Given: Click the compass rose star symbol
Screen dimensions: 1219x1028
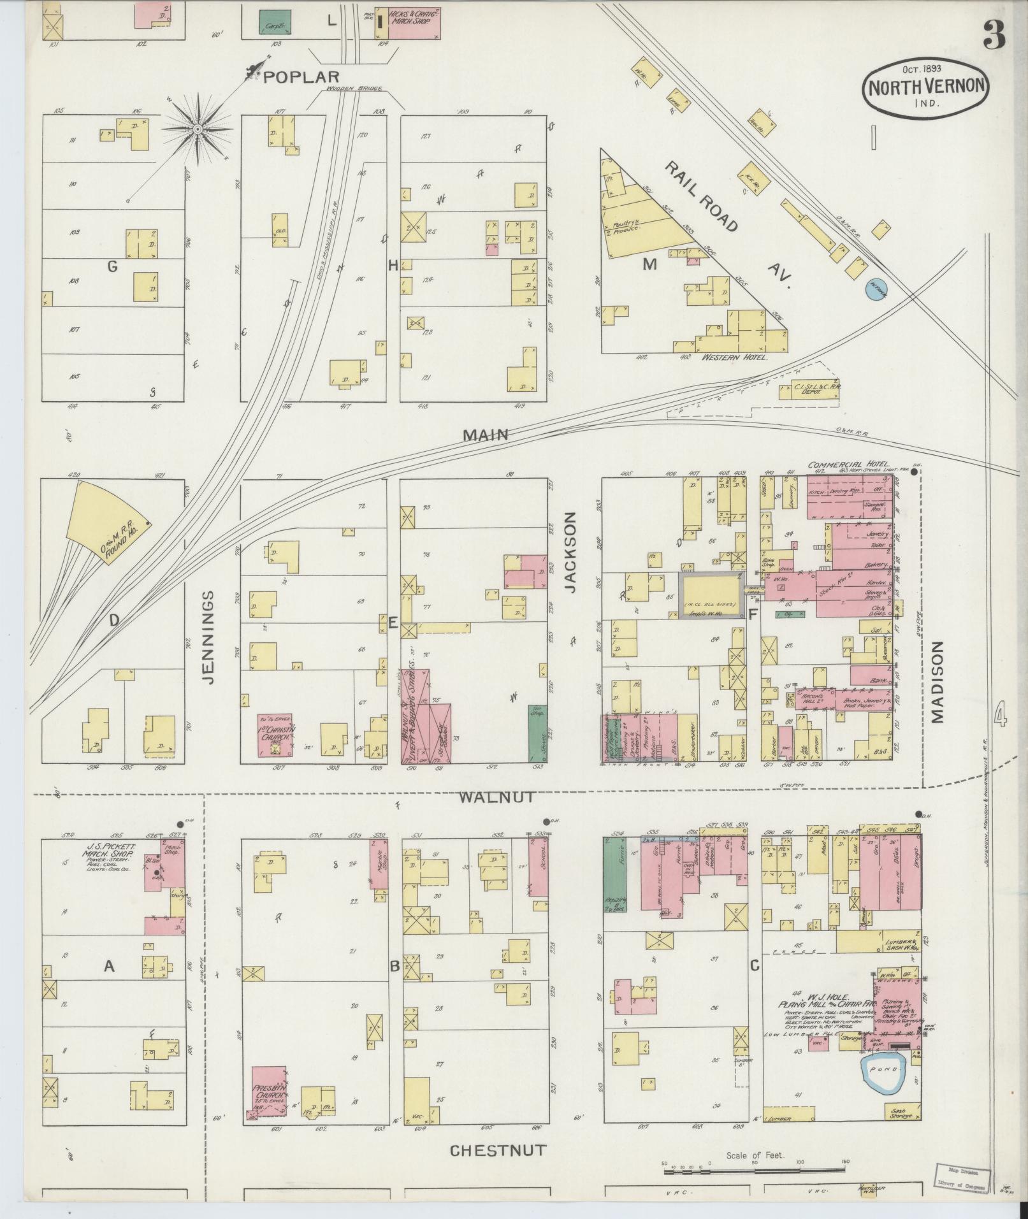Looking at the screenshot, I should (198, 129).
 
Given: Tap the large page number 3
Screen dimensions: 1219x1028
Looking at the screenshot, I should (994, 35).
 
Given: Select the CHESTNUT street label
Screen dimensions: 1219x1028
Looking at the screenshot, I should (498, 1150).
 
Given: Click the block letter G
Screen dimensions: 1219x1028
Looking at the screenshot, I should (112, 267).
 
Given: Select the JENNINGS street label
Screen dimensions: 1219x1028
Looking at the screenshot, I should (208, 637).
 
